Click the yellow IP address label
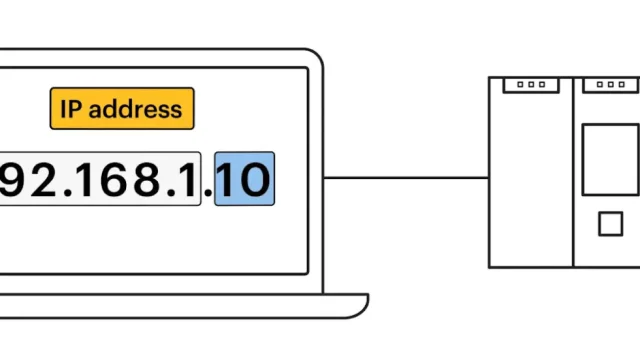(121, 108)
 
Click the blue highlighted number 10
(245, 180)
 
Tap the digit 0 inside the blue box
(255, 180)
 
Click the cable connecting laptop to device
(405, 180)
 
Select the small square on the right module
(610, 224)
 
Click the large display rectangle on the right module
(610, 158)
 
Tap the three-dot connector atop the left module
(531, 85)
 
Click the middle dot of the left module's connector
(531, 85)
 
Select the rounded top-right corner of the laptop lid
(318, 58)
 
